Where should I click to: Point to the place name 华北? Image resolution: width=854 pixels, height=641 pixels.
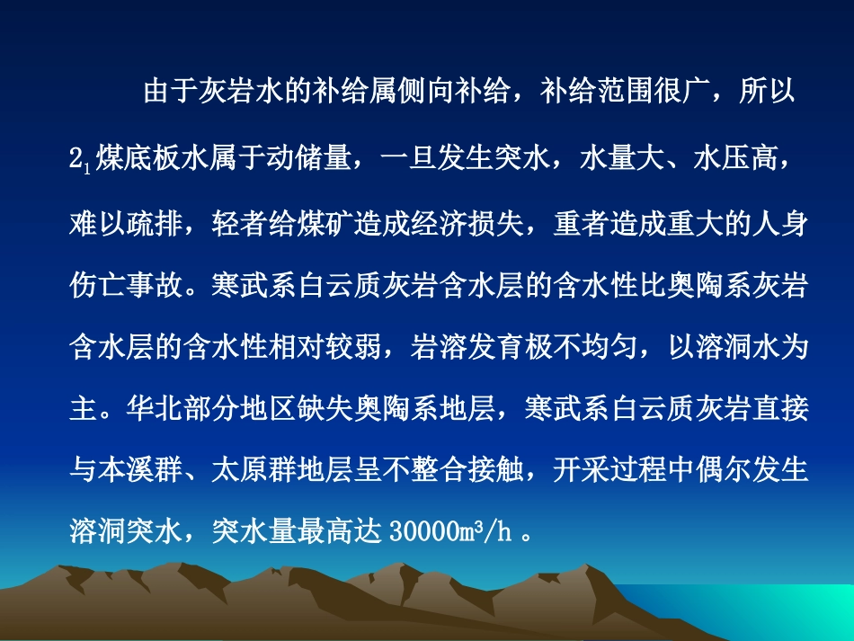point(139,409)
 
